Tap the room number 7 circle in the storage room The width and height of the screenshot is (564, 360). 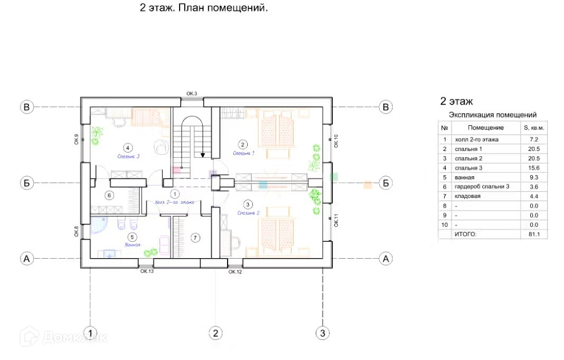(x=195, y=238)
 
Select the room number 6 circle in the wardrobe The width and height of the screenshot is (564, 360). (x=109, y=195)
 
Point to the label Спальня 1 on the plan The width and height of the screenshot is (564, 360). (x=243, y=153)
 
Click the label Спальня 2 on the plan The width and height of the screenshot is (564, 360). (x=248, y=213)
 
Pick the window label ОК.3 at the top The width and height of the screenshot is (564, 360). (x=192, y=94)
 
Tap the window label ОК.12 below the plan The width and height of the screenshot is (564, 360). (x=235, y=272)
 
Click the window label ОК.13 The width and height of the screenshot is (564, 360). (x=147, y=271)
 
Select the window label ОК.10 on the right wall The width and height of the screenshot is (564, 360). (x=336, y=140)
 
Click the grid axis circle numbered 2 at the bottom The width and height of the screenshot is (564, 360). (x=215, y=333)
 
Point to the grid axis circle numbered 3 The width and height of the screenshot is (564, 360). (x=323, y=333)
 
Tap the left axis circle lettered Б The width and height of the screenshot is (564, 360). (x=27, y=183)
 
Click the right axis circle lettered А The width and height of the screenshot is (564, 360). (x=386, y=259)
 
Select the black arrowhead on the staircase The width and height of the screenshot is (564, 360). (x=203, y=155)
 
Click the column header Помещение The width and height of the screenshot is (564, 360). (x=486, y=128)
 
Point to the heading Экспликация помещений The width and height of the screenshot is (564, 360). (x=492, y=115)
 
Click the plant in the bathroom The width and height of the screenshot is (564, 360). (x=152, y=253)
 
